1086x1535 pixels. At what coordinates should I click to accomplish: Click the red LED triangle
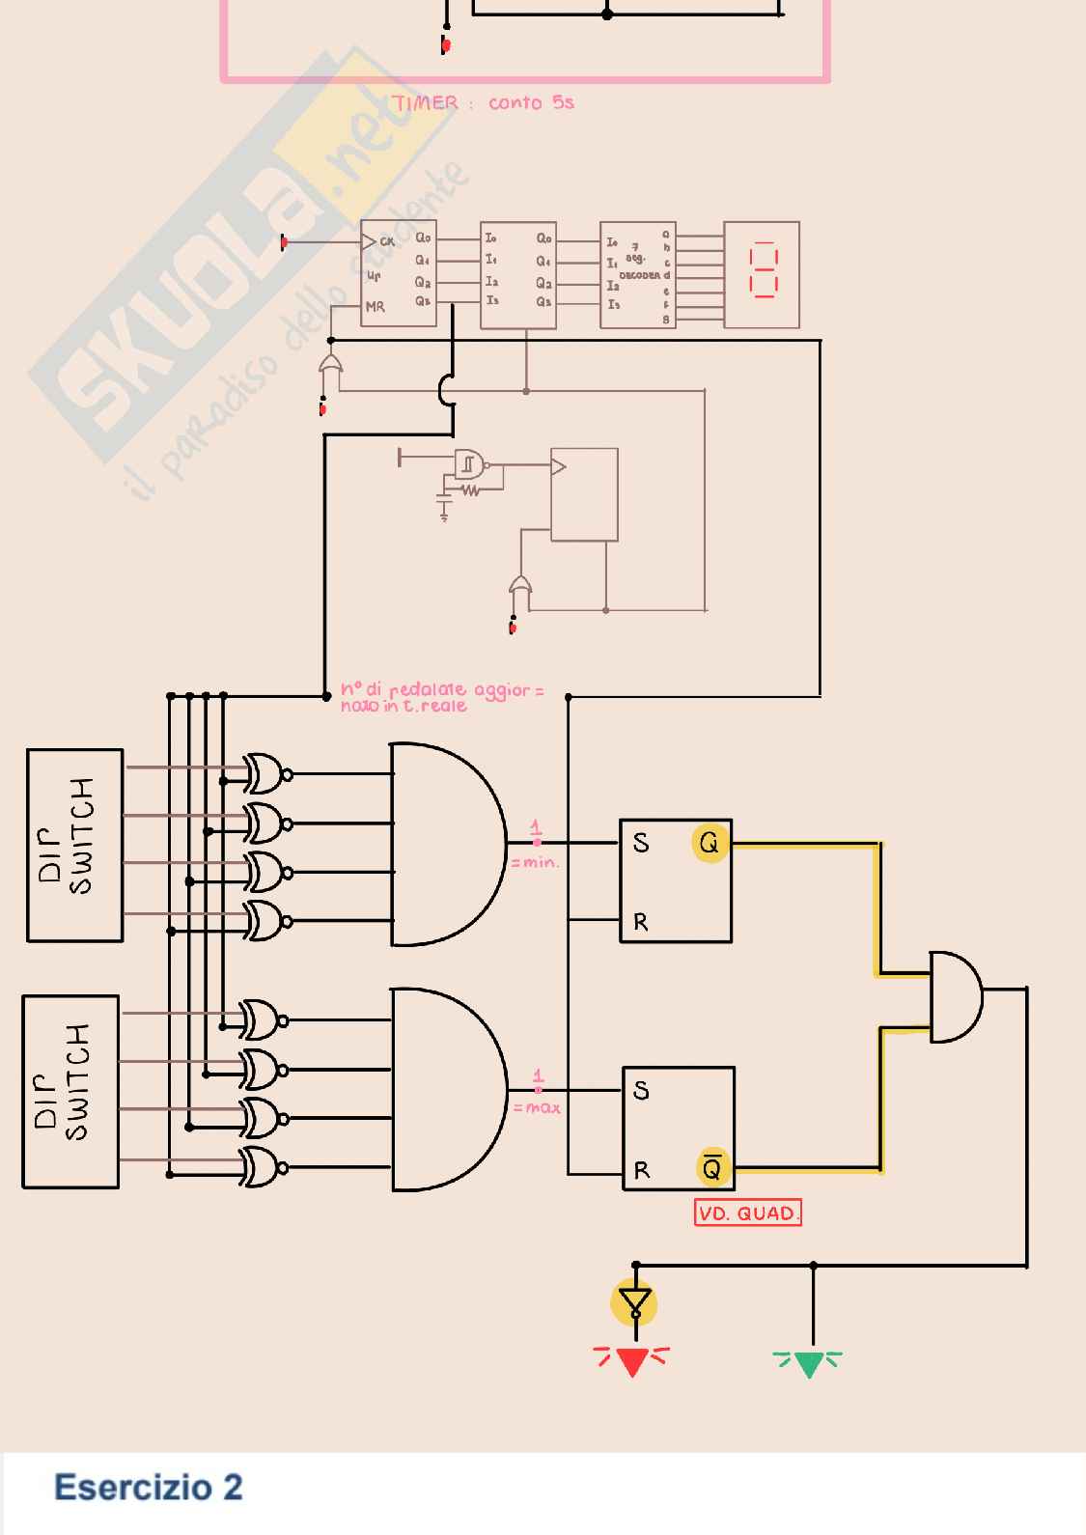[632, 1362]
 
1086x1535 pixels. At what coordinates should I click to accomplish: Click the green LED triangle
[808, 1364]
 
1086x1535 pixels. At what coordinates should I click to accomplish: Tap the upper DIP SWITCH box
[75, 845]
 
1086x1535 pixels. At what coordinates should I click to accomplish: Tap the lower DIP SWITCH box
[70, 1091]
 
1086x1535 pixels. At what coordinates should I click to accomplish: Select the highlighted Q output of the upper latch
[710, 843]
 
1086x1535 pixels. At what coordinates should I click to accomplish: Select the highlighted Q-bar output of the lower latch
[711, 1168]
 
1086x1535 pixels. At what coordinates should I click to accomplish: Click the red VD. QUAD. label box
[748, 1213]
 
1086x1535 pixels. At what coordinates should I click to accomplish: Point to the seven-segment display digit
[763, 269]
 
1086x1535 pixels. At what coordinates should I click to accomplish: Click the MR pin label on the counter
[375, 307]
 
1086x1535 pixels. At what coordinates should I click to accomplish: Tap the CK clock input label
[386, 241]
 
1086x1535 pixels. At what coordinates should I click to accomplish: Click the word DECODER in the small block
[639, 275]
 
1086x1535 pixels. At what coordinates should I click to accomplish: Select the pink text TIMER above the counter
[426, 103]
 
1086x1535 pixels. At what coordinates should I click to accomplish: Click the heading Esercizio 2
[148, 1487]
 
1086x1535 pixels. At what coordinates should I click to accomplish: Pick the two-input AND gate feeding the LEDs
[955, 996]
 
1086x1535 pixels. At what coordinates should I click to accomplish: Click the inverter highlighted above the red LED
[634, 1303]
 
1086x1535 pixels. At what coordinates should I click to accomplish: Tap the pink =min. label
[535, 862]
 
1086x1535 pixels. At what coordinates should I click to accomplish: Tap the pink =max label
[537, 1107]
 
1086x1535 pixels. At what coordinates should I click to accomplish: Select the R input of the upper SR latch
[641, 922]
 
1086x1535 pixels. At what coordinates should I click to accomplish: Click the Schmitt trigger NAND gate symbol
[469, 464]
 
